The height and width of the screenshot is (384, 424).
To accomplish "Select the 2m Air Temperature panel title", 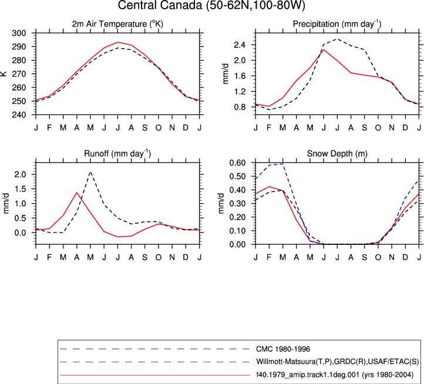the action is click(x=117, y=24).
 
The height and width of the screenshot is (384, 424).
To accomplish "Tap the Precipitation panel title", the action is click(x=337, y=24).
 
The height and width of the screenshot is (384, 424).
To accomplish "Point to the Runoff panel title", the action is click(x=117, y=154).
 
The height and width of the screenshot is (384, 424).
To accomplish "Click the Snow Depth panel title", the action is click(x=337, y=154).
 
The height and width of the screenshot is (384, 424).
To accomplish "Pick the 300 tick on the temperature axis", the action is click(x=19, y=33).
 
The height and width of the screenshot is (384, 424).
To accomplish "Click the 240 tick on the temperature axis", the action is click(x=19, y=114).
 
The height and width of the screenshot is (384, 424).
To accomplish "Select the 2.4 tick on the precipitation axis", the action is click(x=240, y=45).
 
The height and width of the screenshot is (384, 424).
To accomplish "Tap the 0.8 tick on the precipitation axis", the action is click(x=240, y=107).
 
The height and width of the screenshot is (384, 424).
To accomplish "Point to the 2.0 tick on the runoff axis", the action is click(x=21, y=174).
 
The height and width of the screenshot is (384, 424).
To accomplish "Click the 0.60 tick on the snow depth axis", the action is click(x=237, y=163).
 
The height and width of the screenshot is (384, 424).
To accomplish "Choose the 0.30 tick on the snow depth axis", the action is click(x=237, y=204).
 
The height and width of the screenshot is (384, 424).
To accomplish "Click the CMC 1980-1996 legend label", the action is click(x=283, y=349).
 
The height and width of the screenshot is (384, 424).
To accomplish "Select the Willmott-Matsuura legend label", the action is click(x=338, y=362).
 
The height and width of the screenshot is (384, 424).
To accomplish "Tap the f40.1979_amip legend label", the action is click(x=335, y=375).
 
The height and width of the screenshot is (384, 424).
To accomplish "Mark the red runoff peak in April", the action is click(x=77, y=193).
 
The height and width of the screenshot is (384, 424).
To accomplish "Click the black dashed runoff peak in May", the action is click(x=90, y=171).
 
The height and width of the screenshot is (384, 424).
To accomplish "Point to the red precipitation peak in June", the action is click(x=324, y=50).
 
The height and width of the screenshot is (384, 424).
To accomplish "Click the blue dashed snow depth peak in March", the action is click(x=283, y=164).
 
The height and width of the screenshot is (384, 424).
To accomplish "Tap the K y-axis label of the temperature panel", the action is click(x=4, y=73).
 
